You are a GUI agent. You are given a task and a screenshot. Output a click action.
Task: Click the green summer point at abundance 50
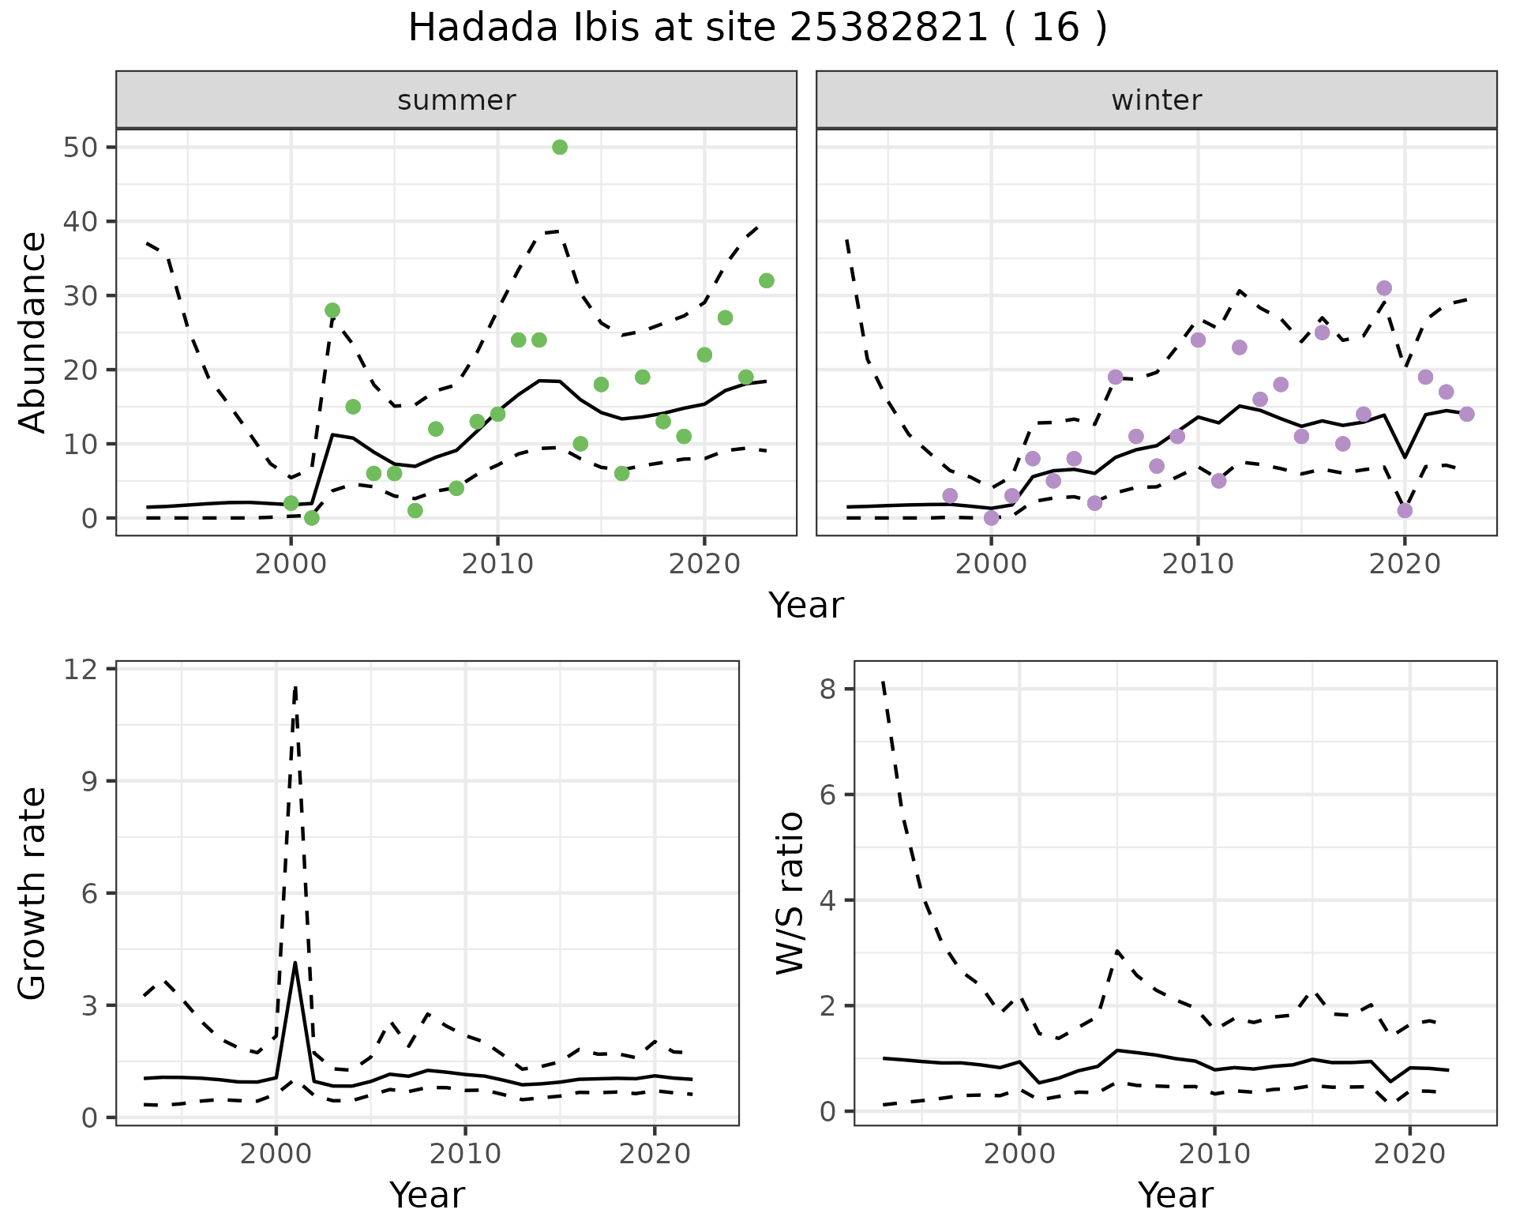coord(560,147)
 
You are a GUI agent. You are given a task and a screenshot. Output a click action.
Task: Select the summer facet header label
coord(456,100)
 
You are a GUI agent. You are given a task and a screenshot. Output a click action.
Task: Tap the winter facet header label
coord(1156,100)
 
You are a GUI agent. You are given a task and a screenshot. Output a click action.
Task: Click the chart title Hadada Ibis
coord(756,28)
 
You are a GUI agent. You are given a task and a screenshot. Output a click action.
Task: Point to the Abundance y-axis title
coord(32,332)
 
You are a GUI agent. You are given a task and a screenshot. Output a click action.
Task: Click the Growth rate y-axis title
coord(32,892)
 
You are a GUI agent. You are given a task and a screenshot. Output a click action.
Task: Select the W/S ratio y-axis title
coord(790,892)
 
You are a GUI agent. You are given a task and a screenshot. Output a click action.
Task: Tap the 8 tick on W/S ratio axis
coord(827,689)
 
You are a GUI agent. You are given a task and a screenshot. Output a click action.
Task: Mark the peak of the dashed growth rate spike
coord(295,686)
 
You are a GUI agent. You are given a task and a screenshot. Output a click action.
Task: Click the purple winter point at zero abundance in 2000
coord(991,518)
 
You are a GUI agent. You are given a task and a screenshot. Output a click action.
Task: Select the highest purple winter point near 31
coord(1384,288)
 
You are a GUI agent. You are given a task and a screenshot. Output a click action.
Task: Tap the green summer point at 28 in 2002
coord(332,310)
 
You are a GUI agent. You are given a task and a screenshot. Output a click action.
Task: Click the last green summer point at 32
coord(766,280)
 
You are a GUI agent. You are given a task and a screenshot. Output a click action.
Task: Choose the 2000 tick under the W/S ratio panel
coord(1019,1154)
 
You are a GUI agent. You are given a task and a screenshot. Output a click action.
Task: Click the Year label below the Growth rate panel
coord(427,1195)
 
